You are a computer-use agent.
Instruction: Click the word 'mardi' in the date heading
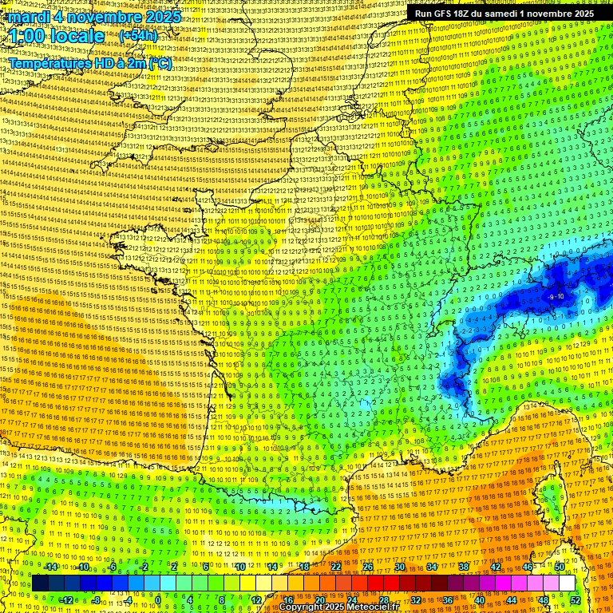(24, 17)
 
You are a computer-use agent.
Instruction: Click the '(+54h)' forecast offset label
(138, 36)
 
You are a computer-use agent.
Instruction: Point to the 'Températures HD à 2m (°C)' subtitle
(89, 63)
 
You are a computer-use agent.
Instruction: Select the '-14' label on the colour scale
(50, 567)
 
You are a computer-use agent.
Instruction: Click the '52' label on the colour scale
(575, 600)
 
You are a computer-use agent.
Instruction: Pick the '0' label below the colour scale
(158, 600)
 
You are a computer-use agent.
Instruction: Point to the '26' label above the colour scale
(367, 567)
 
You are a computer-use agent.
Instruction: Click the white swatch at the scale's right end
(567, 583)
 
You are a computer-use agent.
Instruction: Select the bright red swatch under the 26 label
(375, 583)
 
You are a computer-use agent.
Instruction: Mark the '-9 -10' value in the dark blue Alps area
(556, 296)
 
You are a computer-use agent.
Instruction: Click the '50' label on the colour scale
(559, 567)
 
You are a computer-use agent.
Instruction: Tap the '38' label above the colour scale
(463, 567)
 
